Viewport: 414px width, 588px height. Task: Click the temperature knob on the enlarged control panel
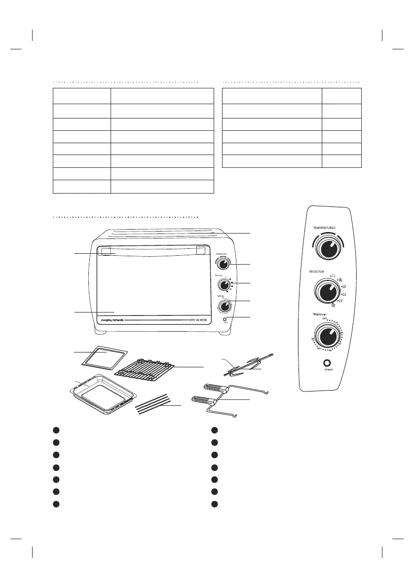(x=327, y=249)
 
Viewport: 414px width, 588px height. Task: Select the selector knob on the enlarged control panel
(x=326, y=293)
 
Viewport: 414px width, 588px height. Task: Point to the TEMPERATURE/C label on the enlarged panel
(x=326, y=227)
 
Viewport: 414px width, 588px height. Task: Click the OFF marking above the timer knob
(x=325, y=319)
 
